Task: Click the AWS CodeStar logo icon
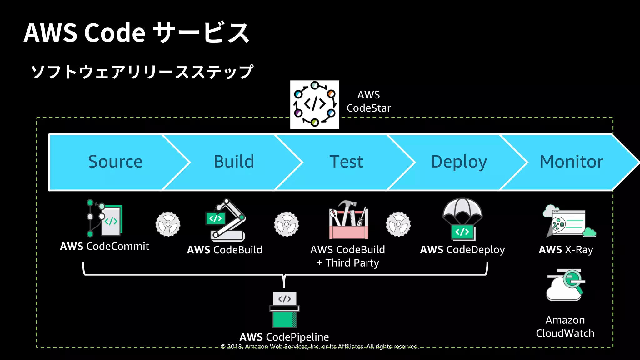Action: click(x=314, y=104)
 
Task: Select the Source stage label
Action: click(x=115, y=162)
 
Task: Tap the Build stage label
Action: click(x=234, y=162)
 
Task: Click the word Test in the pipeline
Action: click(x=346, y=162)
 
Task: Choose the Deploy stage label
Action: click(x=459, y=162)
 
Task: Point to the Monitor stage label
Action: click(x=571, y=162)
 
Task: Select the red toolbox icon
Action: click(x=348, y=220)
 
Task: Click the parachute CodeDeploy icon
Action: click(x=462, y=219)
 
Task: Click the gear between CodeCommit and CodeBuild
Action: click(x=168, y=224)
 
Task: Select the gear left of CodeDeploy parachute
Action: click(x=398, y=224)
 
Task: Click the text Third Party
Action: click(x=352, y=263)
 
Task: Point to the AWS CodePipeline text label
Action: click(x=284, y=337)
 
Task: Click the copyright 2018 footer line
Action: click(x=319, y=347)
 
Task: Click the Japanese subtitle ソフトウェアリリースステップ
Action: click(x=142, y=72)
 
